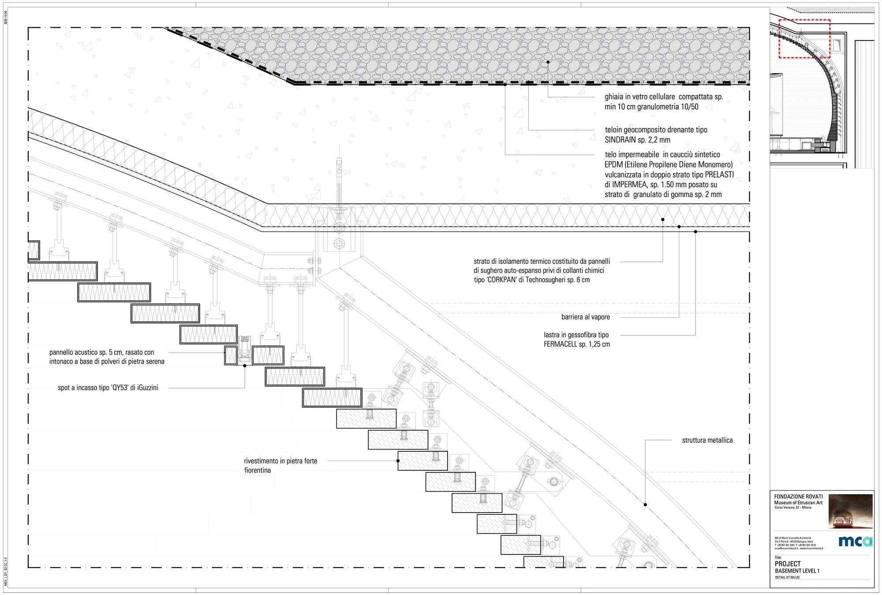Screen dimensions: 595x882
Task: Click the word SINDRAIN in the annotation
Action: pyautogui.click(x=620, y=140)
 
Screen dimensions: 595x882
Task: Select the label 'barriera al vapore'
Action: pyautogui.click(x=585, y=317)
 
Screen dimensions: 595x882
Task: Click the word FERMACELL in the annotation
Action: pyautogui.click(x=561, y=344)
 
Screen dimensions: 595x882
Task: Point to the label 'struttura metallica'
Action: pyautogui.click(x=707, y=440)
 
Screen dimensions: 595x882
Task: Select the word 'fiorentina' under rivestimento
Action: pyautogui.click(x=258, y=470)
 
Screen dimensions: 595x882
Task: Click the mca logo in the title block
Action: pyautogui.click(x=855, y=541)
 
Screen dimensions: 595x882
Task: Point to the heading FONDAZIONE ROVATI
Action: pyautogui.click(x=798, y=497)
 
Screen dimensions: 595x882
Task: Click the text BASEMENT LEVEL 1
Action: pyautogui.click(x=797, y=571)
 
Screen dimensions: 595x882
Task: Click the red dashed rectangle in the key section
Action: pyautogui.click(x=804, y=39)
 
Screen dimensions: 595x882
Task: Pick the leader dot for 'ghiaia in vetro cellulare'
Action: pyautogui.click(x=548, y=62)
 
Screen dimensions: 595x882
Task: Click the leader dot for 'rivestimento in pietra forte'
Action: pyautogui.click(x=398, y=461)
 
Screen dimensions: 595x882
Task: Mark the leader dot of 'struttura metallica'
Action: pyautogui.click(x=645, y=505)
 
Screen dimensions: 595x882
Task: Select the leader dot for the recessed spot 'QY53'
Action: pyautogui.click(x=245, y=366)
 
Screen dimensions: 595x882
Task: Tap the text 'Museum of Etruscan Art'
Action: pyautogui.click(x=798, y=503)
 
